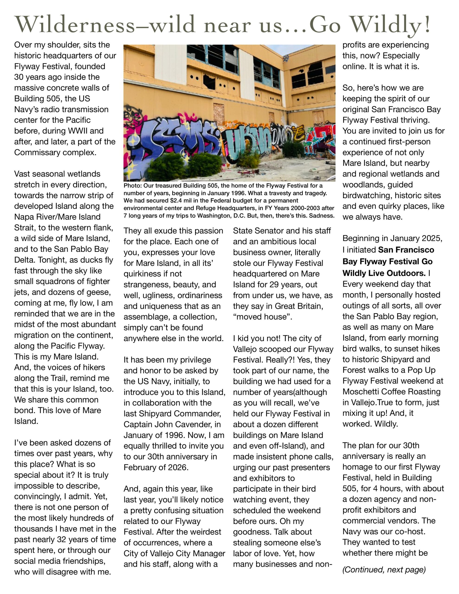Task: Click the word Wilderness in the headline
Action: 75,24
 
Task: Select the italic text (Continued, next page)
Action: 384,570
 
